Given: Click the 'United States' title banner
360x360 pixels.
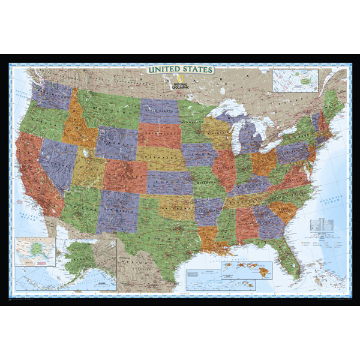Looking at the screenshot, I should coord(180,70).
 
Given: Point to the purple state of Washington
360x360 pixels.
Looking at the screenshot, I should coord(53,93).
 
